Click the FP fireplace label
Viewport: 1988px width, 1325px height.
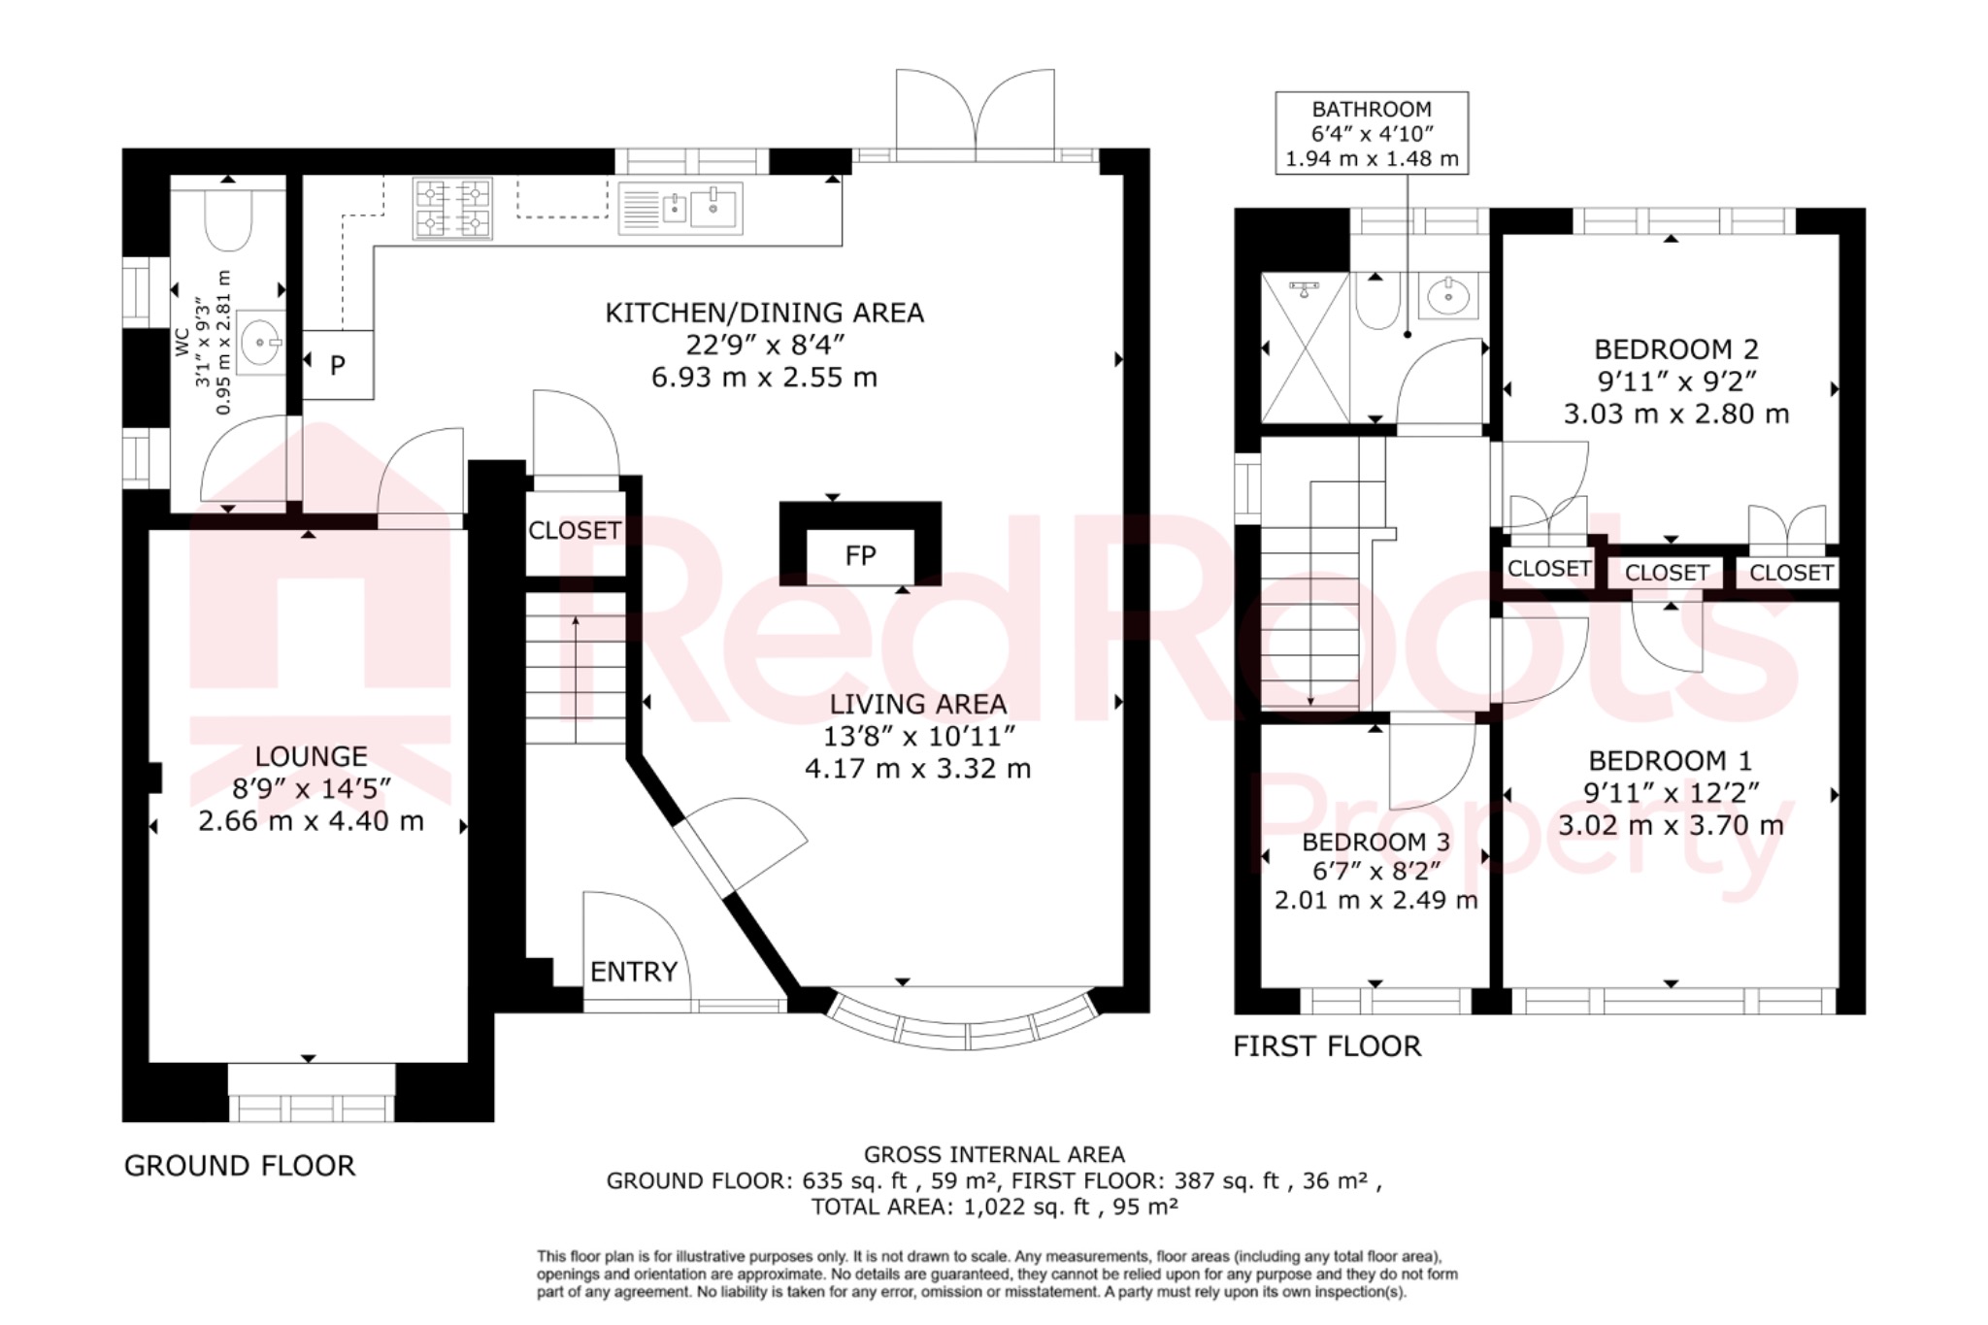pyautogui.click(x=860, y=555)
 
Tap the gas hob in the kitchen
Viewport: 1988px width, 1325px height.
pyautogui.click(x=452, y=208)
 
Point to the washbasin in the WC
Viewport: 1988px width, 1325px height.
pyautogui.click(x=260, y=342)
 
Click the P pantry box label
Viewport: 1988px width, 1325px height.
pyautogui.click(x=337, y=366)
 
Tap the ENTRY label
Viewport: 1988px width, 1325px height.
pyautogui.click(x=633, y=972)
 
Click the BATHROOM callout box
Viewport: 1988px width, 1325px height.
pyautogui.click(x=1371, y=134)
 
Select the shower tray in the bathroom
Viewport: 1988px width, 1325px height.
pyautogui.click(x=1305, y=348)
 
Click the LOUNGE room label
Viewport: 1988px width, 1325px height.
pyautogui.click(x=311, y=756)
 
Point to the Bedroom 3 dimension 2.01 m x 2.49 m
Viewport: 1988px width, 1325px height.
pyautogui.click(x=1375, y=900)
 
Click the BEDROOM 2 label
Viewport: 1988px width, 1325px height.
pyautogui.click(x=1675, y=349)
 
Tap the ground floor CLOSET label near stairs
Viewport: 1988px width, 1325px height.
pyautogui.click(x=574, y=530)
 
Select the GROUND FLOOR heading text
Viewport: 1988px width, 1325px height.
pyautogui.click(x=240, y=1166)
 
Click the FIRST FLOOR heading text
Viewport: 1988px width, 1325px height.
pyautogui.click(x=1326, y=1046)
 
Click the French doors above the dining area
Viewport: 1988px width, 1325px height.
pyautogui.click(x=975, y=116)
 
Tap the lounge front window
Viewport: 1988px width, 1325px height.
pyautogui.click(x=312, y=1107)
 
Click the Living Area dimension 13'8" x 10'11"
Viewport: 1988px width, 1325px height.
pyautogui.click(x=918, y=737)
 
